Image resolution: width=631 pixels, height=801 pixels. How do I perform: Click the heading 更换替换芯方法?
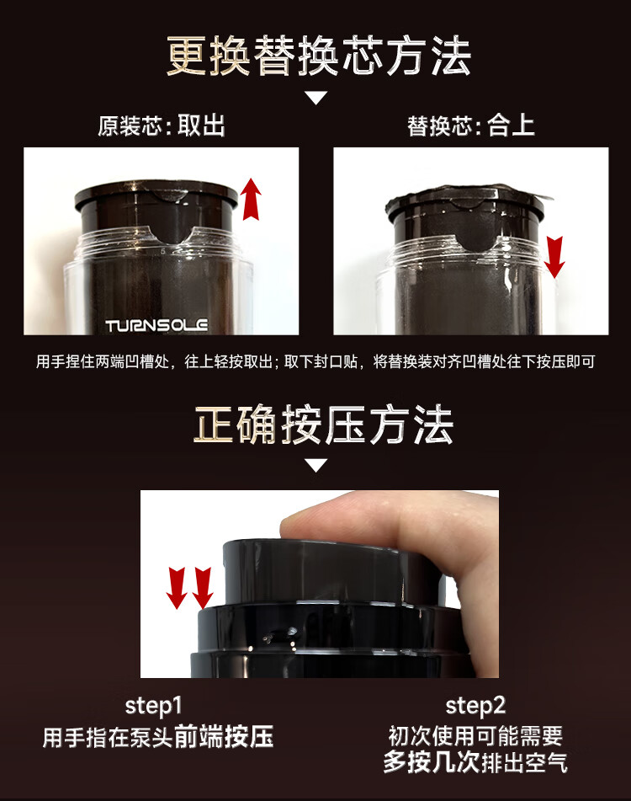pyautogui.click(x=318, y=56)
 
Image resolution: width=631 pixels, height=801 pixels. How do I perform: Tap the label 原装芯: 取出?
pyautogui.click(x=162, y=125)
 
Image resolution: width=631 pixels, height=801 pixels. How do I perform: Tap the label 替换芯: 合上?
pyautogui.click(x=471, y=125)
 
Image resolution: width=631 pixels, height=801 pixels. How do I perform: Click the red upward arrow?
pyautogui.click(x=251, y=200)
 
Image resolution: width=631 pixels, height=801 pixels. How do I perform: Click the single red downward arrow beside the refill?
pyautogui.click(x=554, y=257)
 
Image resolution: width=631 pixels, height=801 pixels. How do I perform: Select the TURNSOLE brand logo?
pyautogui.click(x=156, y=325)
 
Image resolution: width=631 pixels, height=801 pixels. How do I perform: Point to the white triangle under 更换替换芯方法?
pyautogui.click(x=315, y=98)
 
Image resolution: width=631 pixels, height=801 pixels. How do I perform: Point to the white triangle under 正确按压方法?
pyautogui.click(x=315, y=465)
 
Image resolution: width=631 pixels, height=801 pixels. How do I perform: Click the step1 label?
pyautogui.click(x=153, y=707)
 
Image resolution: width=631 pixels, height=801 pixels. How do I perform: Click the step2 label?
pyautogui.click(x=475, y=707)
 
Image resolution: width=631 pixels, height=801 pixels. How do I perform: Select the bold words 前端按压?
pyautogui.click(x=225, y=736)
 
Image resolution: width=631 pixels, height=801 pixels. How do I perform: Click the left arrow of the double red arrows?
pyautogui.click(x=177, y=588)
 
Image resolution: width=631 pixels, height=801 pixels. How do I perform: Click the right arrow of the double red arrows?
pyautogui.click(x=203, y=588)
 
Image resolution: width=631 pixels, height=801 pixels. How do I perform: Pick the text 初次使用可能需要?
pyautogui.click(x=475, y=736)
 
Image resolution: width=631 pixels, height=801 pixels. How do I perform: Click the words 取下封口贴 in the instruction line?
pyautogui.click(x=321, y=361)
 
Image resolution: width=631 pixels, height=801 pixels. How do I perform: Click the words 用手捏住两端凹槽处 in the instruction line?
pyautogui.click(x=102, y=361)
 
